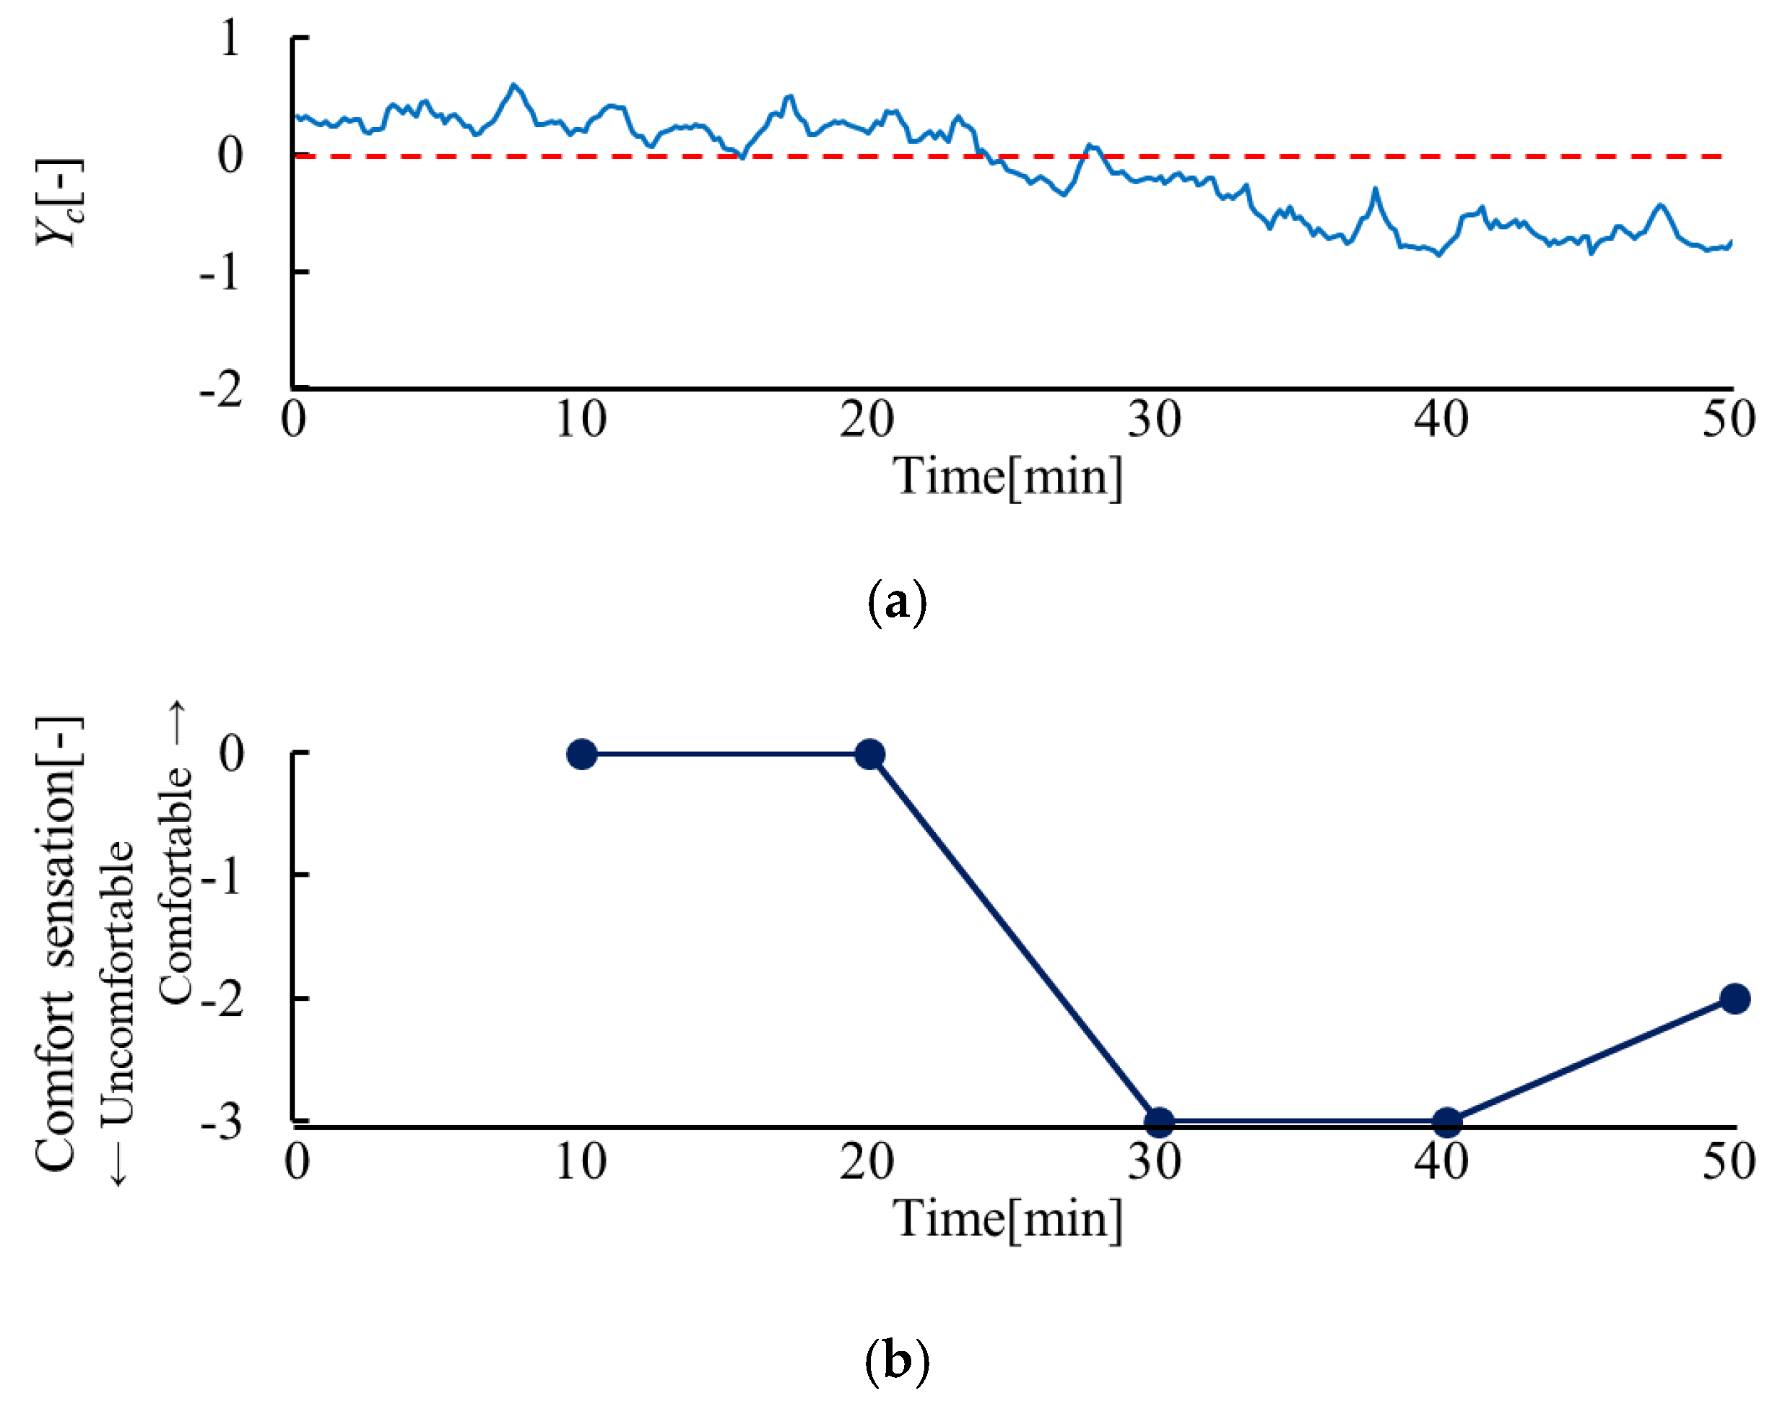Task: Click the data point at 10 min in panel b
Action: click(582, 754)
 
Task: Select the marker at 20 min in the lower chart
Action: click(869, 754)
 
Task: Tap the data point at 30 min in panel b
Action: click(1159, 1121)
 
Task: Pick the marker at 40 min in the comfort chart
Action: click(1446, 1121)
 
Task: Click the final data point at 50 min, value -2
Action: click(1735, 999)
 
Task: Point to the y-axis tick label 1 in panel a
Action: click(230, 38)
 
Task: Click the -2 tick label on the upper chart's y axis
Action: click(221, 389)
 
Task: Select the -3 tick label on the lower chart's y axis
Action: click(221, 1123)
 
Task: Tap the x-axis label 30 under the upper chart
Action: click(1154, 420)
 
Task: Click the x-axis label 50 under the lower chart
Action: click(1729, 1161)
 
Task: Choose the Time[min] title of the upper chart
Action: click(1008, 477)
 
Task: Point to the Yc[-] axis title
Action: click(59, 202)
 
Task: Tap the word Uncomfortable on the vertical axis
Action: click(118, 982)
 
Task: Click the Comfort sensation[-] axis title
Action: click(58, 945)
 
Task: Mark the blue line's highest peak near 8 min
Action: click(514, 85)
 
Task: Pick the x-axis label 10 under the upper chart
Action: click(581, 420)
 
